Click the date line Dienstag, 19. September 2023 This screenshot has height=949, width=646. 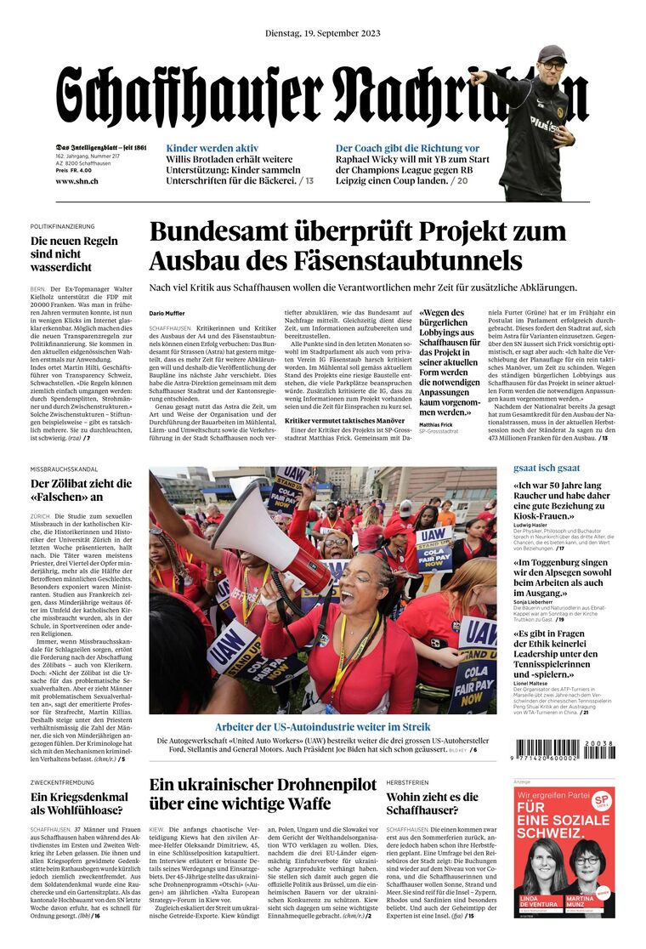click(x=322, y=33)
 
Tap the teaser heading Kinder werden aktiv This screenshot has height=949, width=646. click(x=212, y=148)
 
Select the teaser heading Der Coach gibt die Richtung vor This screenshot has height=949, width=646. click(x=407, y=148)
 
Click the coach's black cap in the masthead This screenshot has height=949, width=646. click(x=552, y=53)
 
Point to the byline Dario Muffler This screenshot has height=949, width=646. click(x=167, y=314)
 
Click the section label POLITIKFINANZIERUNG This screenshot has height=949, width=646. click(x=62, y=227)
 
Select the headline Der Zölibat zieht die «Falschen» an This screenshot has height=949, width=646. click(x=81, y=490)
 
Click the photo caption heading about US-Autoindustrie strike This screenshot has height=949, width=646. click(x=322, y=727)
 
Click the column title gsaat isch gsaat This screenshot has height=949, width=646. click(x=547, y=468)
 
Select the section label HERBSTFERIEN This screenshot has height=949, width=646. click(x=408, y=781)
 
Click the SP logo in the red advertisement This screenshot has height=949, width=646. click(x=600, y=801)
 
